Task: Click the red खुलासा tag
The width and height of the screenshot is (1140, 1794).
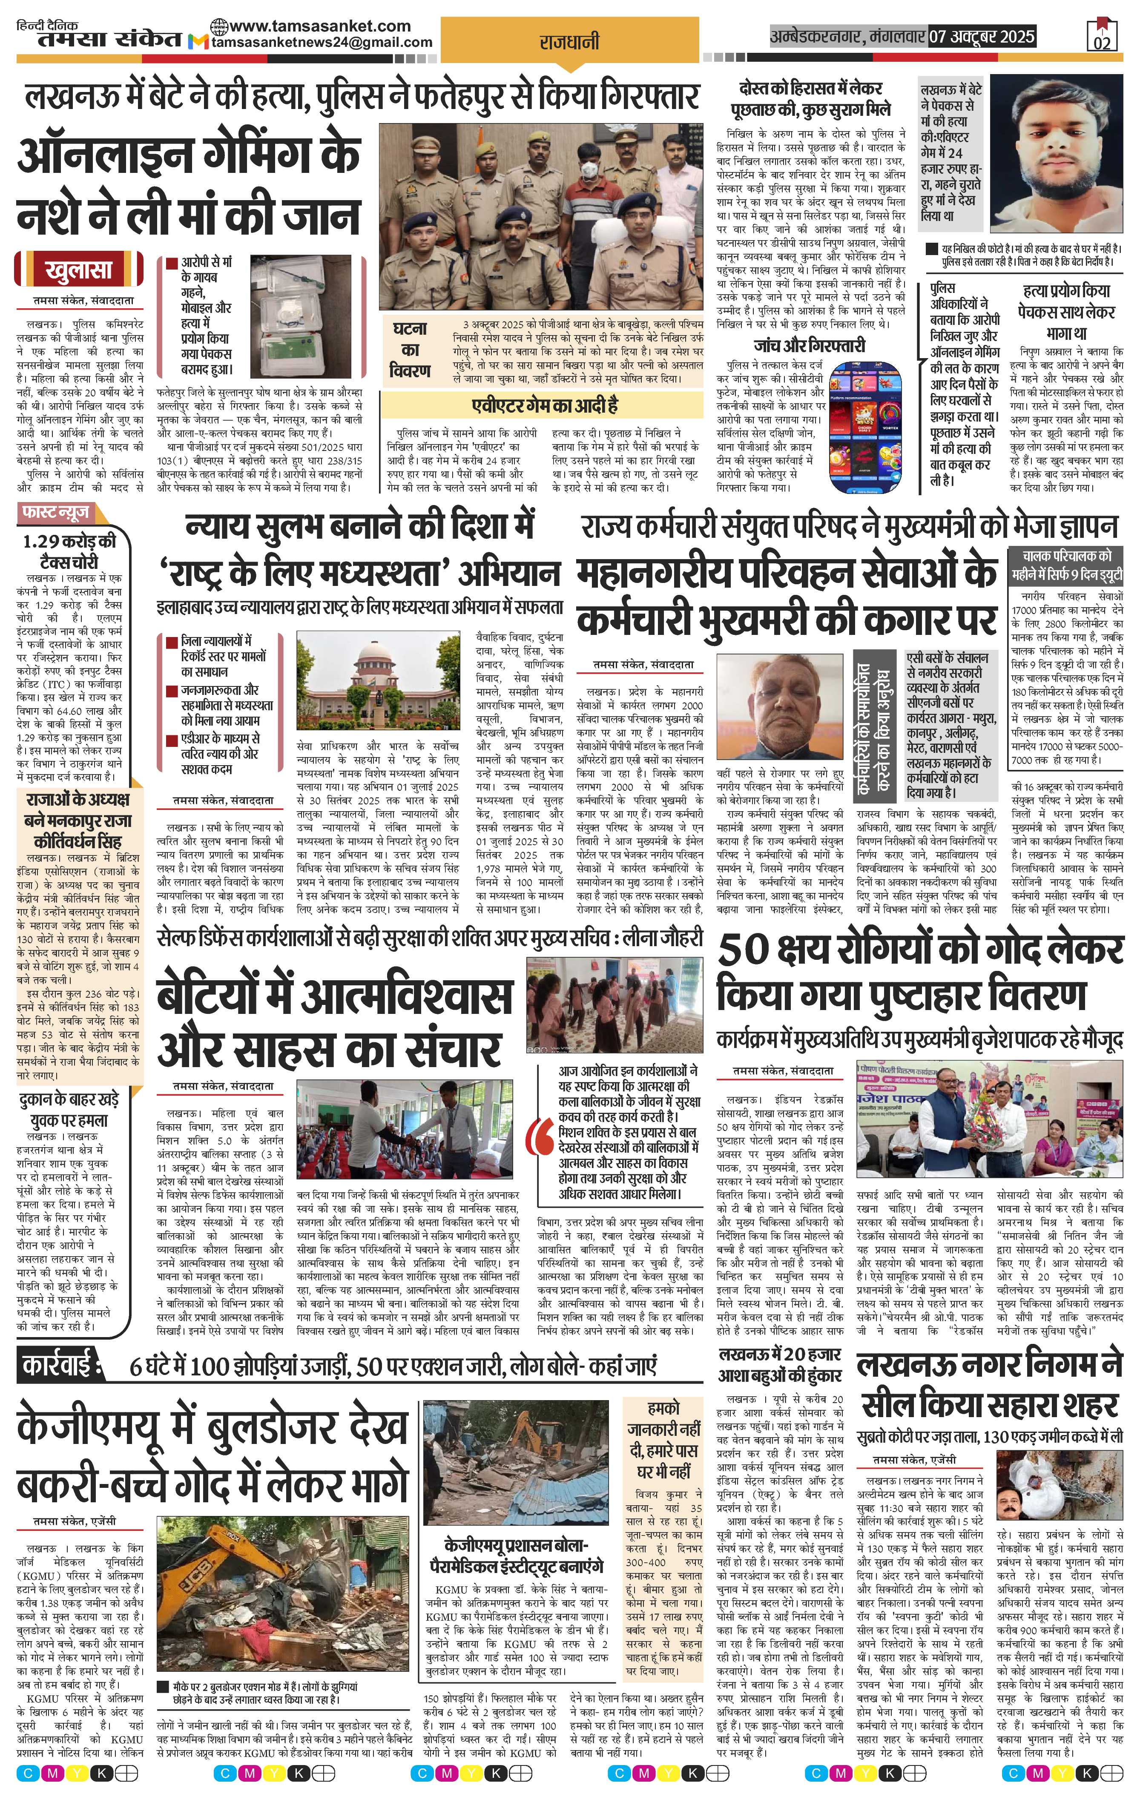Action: click(78, 269)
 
